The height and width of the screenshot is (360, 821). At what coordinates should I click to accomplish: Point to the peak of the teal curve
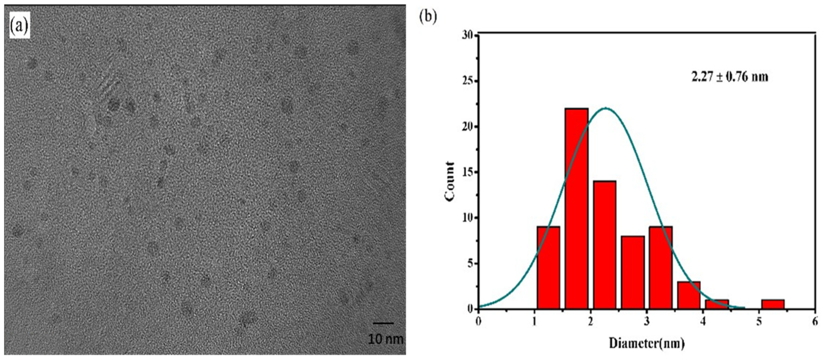click(x=605, y=109)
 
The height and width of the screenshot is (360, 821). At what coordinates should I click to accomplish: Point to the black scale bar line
click(x=383, y=323)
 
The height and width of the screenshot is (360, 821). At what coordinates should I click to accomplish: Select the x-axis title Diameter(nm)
click(x=647, y=343)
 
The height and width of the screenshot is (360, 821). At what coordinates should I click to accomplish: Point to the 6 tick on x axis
click(x=815, y=322)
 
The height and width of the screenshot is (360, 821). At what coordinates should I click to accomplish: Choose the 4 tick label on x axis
click(x=703, y=322)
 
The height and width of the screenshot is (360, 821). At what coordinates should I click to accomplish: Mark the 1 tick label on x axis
click(x=534, y=322)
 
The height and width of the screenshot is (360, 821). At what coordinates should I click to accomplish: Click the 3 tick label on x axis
click(x=647, y=322)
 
